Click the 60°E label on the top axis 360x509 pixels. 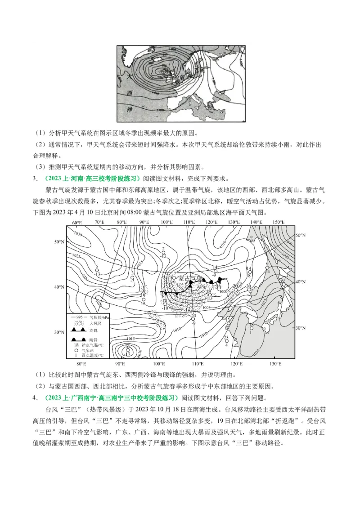pos(76,223)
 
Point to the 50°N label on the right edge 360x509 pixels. pos(300,235)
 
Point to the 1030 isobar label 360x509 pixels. pos(78,234)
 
